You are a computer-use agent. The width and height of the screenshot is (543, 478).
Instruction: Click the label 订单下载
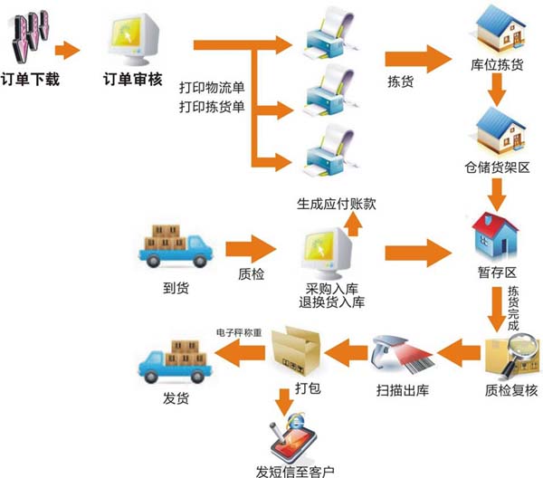(x=32, y=80)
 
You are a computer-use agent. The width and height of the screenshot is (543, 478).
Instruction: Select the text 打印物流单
(x=212, y=87)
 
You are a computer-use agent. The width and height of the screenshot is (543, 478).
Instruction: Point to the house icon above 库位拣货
(x=496, y=31)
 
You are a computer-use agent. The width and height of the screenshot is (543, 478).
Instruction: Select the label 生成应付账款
(x=335, y=204)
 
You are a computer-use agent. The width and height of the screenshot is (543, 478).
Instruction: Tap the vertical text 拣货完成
(x=514, y=309)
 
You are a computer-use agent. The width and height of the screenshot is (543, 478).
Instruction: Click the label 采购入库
(x=332, y=287)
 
